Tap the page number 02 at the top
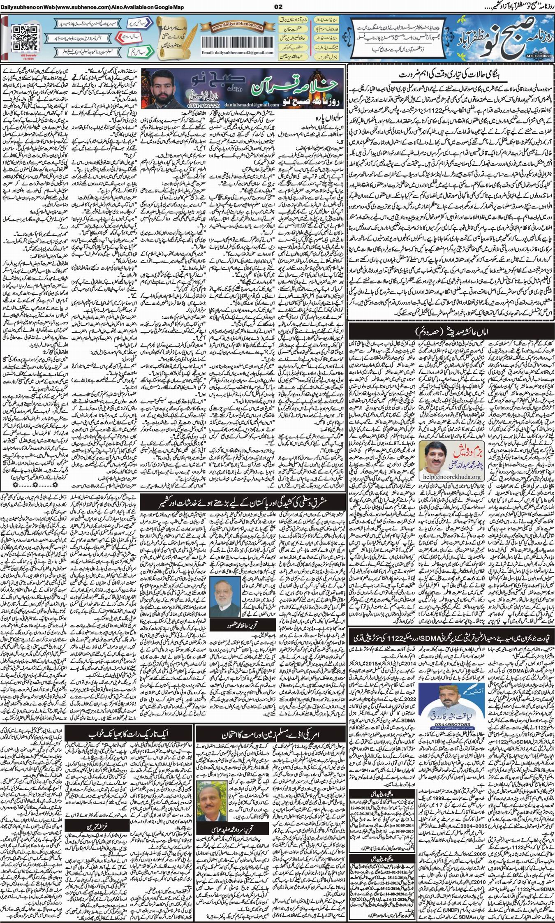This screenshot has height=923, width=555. [x=277, y=6]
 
